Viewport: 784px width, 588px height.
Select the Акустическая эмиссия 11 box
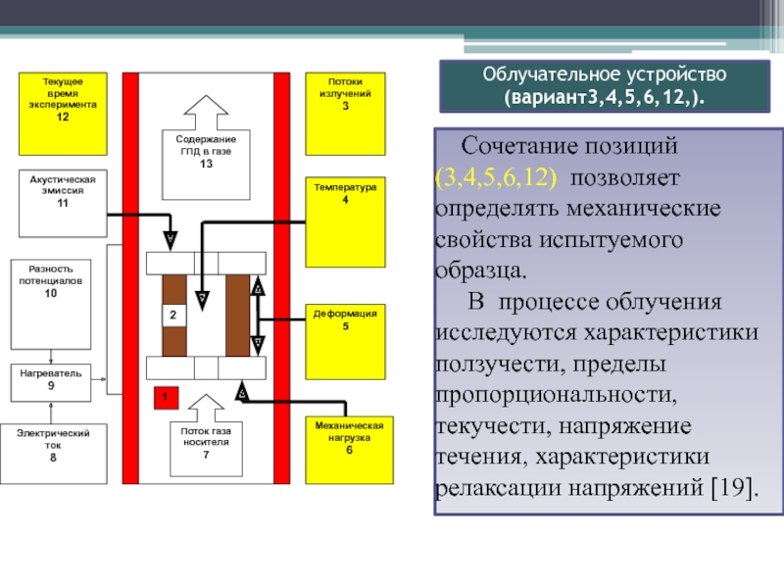click(63, 204)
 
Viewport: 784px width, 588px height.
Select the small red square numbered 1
click(166, 397)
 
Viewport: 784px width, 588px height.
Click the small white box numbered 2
click(171, 316)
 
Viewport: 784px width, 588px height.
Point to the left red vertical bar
click(130, 277)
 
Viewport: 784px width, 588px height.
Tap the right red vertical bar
click(281, 277)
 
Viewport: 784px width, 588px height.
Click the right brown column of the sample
click(237, 316)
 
